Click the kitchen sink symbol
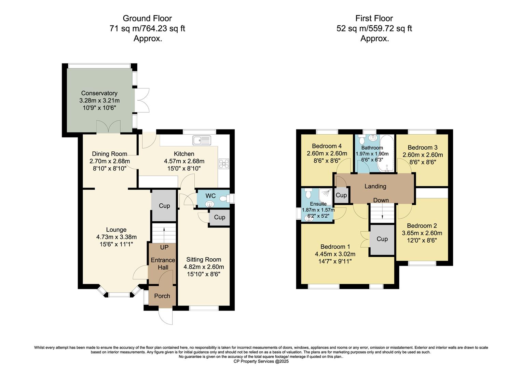pyautogui.click(x=202, y=140)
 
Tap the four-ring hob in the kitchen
pyautogui.click(x=224, y=164)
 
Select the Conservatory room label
pyautogui.click(x=99, y=93)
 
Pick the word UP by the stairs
pyautogui.click(x=164, y=247)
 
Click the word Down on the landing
pyautogui.click(x=381, y=200)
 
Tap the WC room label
pyautogui.click(x=210, y=196)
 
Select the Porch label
pyautogui.click(x=162, y=296)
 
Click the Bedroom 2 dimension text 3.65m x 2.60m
pyautogui.click(x=422, y=233)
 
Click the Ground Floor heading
pyautogui.click(x=147, y=18)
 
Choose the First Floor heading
pyautogui.click(x=374, y=18)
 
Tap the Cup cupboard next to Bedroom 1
pyautogui.click(x=382, y=239)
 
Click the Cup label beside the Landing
pyautogui.click(x=341, y=195)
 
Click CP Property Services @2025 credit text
pyautogui.click(x=261, y=361)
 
